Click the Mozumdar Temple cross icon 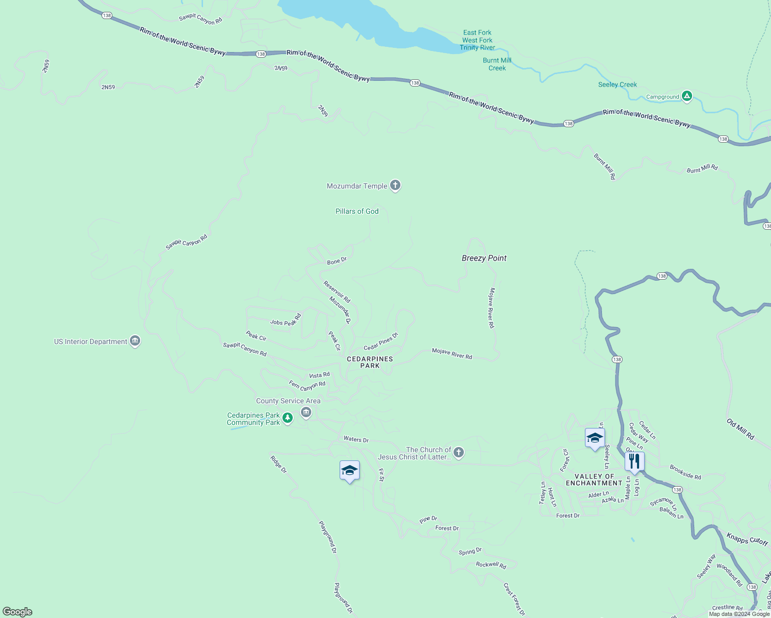coord(395,185)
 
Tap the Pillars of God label coord(357,211)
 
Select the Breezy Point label coord(484,258)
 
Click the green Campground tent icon coord(686,96)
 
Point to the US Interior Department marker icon coord(135,341)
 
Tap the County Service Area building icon coord(306,412)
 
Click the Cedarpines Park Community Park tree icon coord(288,418)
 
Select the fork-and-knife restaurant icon coord(634,461)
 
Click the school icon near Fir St coord(349,470)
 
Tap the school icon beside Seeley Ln coord(595,438)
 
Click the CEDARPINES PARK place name coord(370,362)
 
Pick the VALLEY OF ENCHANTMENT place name coord(594,479)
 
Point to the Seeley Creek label coord(617,84)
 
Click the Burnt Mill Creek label coord(497,64)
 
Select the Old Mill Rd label coord(741,429)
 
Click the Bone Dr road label coord(337,261)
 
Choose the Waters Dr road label coord(356,439)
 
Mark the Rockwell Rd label coord(491,565)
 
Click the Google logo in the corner coord(18,612)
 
